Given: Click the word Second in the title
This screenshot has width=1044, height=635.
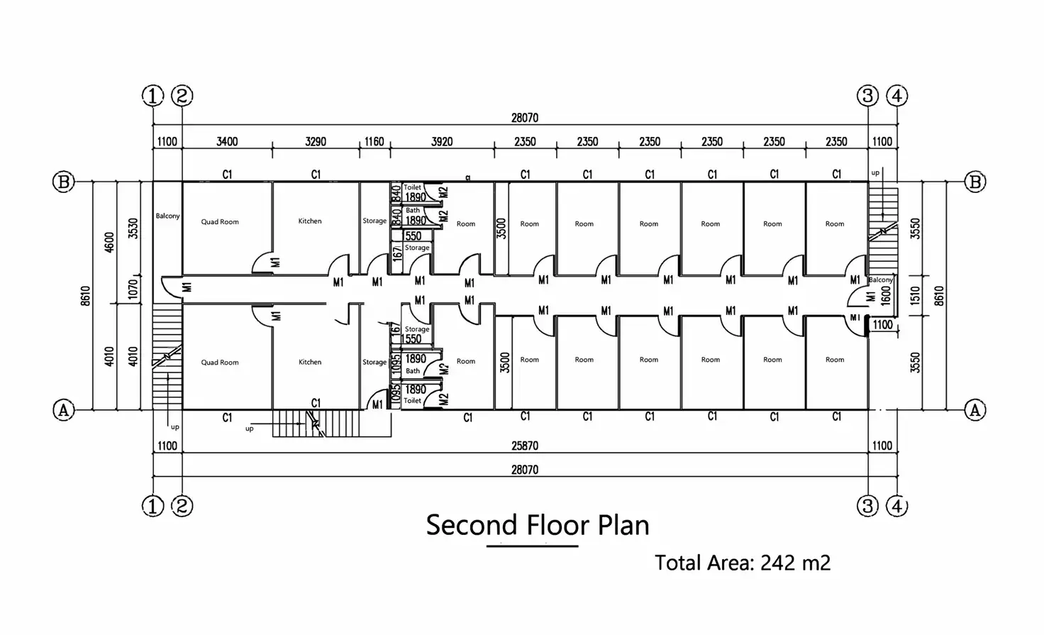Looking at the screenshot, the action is (472, 525).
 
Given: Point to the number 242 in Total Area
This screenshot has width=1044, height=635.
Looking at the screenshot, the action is (777, 563).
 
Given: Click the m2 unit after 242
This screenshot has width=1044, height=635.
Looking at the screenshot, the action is (816, 563).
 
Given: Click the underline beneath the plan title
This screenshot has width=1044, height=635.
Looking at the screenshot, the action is (532, 546).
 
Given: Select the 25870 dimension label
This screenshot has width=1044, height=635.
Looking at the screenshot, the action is (525, 446).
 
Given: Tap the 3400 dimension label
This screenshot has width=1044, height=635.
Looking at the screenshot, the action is (227, 141).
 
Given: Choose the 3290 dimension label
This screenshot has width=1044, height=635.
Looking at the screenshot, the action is (316, 141).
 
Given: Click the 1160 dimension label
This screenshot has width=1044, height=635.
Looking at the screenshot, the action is (374, 141).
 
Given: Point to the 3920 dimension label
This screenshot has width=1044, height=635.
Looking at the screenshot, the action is (442, 141).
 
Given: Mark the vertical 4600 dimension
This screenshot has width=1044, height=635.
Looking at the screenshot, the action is (109, 243).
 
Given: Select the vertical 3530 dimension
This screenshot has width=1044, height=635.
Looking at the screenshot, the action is (133, 228).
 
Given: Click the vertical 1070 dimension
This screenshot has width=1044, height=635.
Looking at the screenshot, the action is (133, 289).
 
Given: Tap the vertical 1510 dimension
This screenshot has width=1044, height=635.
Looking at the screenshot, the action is (916, 296).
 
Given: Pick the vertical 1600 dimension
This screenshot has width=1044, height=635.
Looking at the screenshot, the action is (886, 296).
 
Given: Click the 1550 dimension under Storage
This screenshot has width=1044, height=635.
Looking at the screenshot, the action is (411, 339).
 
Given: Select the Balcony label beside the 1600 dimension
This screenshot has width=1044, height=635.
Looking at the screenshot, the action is (881, 280).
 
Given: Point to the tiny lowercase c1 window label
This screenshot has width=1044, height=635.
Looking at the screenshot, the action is (468, 177).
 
